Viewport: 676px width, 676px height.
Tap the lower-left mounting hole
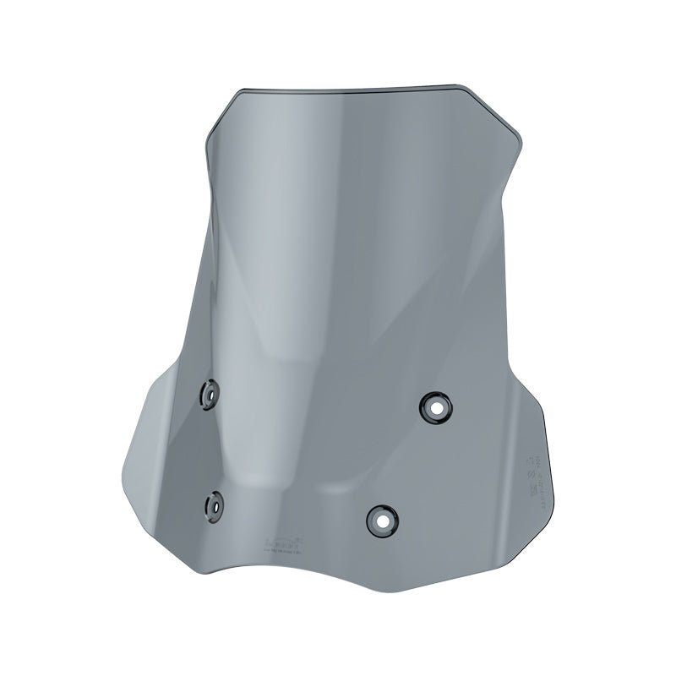tap(212, 505)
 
